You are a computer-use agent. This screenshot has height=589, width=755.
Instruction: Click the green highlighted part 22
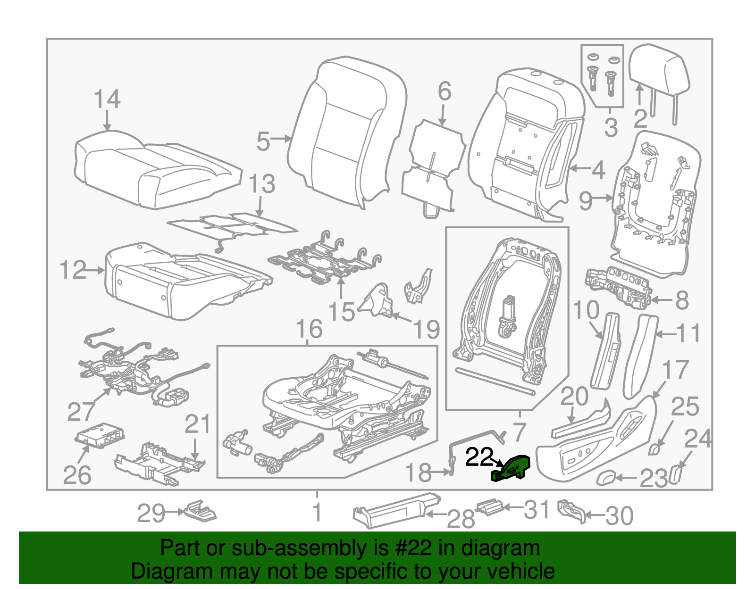[x=511, y=469]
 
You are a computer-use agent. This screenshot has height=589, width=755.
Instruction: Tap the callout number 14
[x=107, y=99]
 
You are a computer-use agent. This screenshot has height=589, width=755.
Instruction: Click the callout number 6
[x=445, y=91]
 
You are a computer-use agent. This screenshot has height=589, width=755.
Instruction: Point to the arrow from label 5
[x=280, y=139]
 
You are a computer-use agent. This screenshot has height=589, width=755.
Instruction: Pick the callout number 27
[x=81, y=412]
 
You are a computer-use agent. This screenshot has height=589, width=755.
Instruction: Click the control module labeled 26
[x=100, y=436]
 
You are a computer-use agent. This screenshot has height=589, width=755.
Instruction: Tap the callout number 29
[x=151, y=514]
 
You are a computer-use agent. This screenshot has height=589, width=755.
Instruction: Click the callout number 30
[x=619, y=516]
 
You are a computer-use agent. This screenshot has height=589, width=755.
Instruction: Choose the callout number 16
[x=309, y=329]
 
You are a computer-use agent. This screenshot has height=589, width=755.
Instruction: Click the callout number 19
[x=427, y=329]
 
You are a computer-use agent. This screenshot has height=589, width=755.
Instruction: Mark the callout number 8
[x=682, y=300]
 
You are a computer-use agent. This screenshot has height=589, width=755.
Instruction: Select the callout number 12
[x=73, y=270]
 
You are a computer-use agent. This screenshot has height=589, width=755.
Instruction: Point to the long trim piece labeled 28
[x=396, y=511]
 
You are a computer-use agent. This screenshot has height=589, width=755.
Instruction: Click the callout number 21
[x=197, y=424]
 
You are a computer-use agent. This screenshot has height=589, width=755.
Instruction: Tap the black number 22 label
[x=479, y=457]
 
